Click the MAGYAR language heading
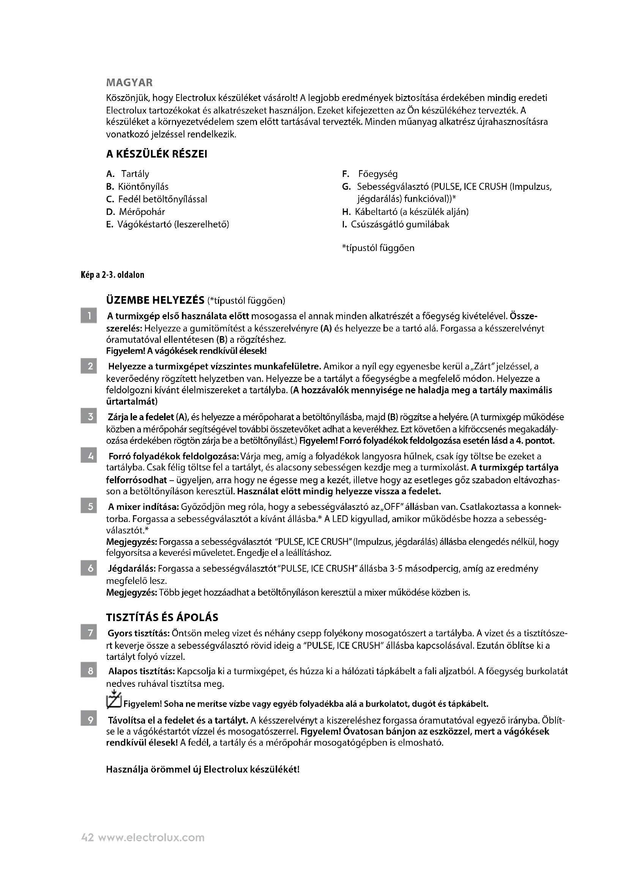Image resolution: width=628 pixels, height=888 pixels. pos(129,83)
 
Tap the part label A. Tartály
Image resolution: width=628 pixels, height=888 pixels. pos(128,174)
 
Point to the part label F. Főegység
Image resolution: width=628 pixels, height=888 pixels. pos(370,174)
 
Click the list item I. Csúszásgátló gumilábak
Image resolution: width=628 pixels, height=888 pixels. pos(396,224)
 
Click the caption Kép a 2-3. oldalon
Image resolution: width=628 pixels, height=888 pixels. pos(112,275)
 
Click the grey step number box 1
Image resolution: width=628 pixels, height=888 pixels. pos(88,316)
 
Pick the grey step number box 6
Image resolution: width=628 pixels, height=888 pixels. pos(88,569)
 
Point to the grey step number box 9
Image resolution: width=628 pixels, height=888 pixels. pos(88,720)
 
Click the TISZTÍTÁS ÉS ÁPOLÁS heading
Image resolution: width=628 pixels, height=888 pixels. pos(162,617)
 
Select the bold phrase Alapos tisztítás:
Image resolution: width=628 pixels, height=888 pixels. pos(142,672)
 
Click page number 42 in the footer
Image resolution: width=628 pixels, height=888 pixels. pos(87,838)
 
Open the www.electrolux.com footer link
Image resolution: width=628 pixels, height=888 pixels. pos(151,838)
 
